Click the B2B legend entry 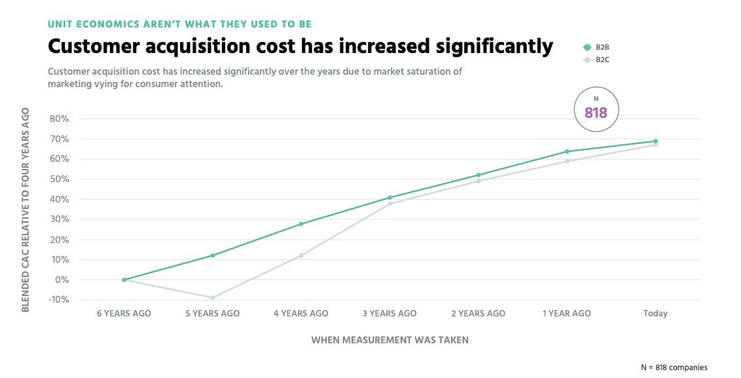click(597, 47)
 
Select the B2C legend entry click(597, 60)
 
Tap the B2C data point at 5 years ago click(212, 297)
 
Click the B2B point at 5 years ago click(212, 255)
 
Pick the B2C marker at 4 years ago click(301, 255)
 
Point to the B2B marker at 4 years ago click(301, 224)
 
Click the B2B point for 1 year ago click(567, 151)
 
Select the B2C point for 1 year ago click(567, 161)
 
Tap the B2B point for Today click(655, 141)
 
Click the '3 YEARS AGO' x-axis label click(389, 314)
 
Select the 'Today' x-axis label click(655, 314)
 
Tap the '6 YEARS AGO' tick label click(124, 314)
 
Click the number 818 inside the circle click(596, 113)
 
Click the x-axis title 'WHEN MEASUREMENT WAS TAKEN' click(389, 340)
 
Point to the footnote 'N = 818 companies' click(674, 368)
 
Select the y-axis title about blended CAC click(26, 209)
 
